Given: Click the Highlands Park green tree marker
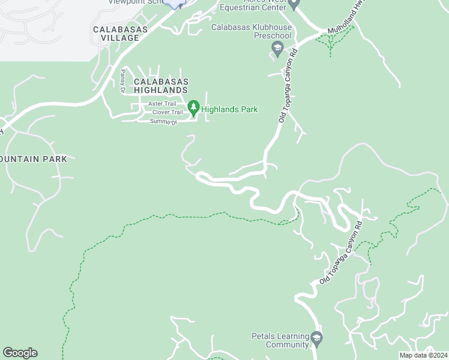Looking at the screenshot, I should (x=193, y=108).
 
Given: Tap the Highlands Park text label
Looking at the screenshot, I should (x=229, y=109).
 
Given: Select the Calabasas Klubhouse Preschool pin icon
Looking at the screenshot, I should (x=277, y=49).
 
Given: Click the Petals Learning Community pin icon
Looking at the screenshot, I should (x=316, y=340).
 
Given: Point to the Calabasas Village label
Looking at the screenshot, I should (x=116, y=33).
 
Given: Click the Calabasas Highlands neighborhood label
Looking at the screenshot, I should (x=161, y=85).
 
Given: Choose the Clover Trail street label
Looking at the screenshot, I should (x=167, y=112).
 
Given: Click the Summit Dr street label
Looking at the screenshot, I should (x=164, y=121).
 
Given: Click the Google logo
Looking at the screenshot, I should (x=20, y=353).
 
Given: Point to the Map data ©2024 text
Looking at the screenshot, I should (x=423, y=355).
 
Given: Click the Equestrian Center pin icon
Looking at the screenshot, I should (x=294, y=5).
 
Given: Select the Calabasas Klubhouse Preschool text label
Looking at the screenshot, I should (x=252, y=32).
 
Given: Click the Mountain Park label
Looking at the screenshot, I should (x=34, y=159).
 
